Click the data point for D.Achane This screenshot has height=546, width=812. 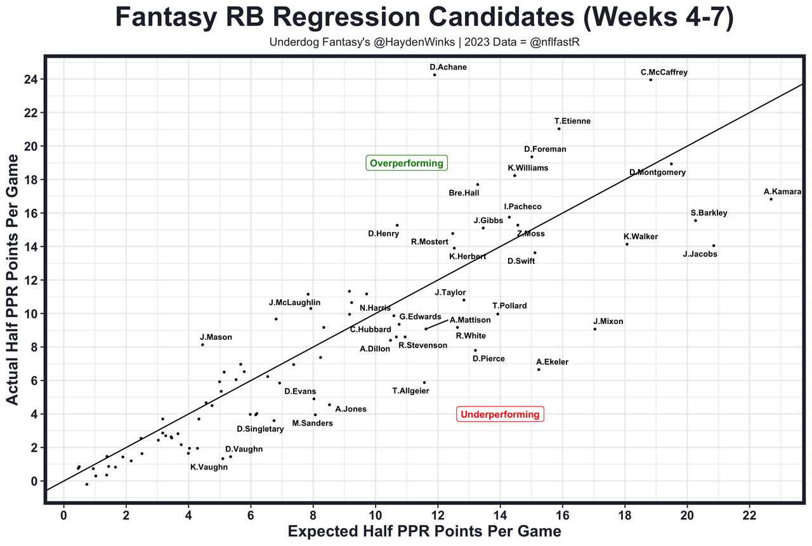click(435, 75)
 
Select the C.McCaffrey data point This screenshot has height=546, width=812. click(651, 80)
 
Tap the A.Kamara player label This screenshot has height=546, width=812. click(782, 192)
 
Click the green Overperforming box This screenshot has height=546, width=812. click(407, 164)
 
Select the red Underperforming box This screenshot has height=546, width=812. click(500, 415)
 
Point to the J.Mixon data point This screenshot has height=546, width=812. click(594, 329)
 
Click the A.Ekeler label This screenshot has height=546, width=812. click(552, 362)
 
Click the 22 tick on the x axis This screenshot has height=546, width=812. click(750, 512)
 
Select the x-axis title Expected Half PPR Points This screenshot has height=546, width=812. click(424, 531)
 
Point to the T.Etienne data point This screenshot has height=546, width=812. click(559, 129)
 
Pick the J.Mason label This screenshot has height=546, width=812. click(216, 337)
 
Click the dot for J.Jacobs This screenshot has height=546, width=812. click(714, 245)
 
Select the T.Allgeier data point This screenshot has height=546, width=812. click(424, 382)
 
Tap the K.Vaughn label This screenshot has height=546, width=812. click(209, 467)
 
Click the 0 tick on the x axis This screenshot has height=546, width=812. click(63, 512)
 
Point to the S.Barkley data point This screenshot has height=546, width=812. click(695, 221)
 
